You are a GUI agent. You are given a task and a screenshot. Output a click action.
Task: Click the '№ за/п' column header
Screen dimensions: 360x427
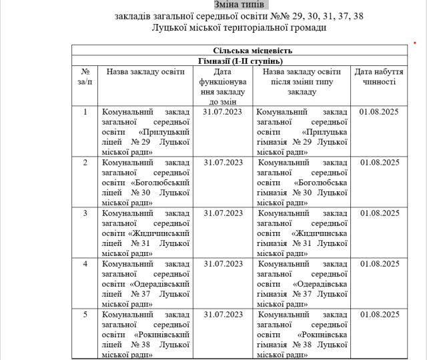(x=85, y=76)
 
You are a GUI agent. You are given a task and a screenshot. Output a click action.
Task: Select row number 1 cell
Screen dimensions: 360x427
(x=85, y=111)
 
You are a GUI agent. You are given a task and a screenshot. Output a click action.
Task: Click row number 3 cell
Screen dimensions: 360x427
(x=85, y=213)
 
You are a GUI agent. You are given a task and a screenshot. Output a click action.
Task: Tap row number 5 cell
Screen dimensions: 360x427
(x=85, y=314)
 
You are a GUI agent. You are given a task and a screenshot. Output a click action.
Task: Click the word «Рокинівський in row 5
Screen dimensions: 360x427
(x=162, y=334)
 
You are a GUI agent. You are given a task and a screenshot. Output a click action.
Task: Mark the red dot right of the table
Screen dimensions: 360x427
(x=414, y=42)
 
